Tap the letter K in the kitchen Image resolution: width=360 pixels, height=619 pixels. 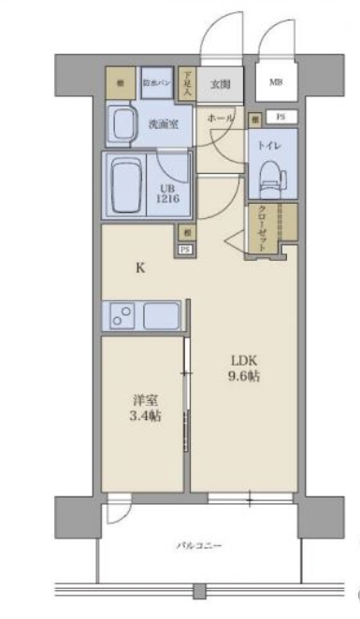point(140,268)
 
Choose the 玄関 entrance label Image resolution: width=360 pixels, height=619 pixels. point(220,83)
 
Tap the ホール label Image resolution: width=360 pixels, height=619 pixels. point(221,120)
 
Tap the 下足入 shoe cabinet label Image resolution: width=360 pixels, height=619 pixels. point(187,85)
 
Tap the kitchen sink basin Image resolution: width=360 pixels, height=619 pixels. point(161,315)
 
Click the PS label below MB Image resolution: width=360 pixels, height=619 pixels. point(281,117)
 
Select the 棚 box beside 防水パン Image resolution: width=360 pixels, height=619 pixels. point(122,83)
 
